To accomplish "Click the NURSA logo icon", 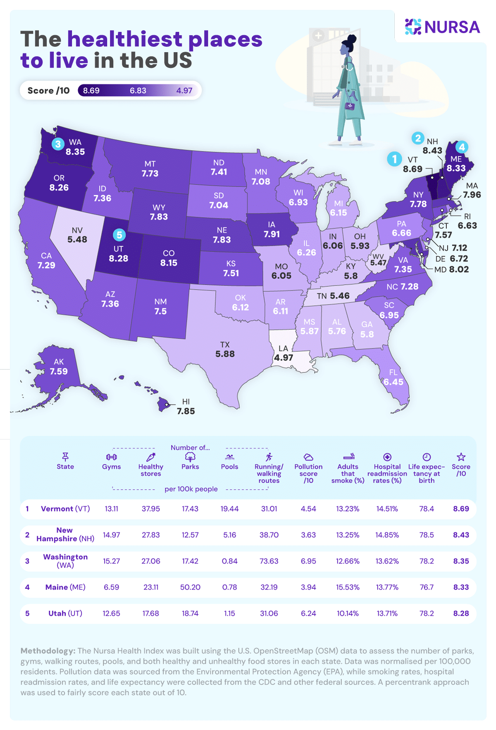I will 413,26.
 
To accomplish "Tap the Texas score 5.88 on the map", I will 225,354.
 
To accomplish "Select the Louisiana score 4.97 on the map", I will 284,358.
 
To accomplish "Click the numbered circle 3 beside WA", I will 58,144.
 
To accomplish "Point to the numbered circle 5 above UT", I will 119,235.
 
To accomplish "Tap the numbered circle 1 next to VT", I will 394,159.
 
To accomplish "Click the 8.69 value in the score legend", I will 91,91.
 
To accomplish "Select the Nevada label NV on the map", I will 77,230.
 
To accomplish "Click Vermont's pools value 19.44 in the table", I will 229,509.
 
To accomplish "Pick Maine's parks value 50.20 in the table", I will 190,587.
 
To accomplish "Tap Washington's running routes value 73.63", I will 269,561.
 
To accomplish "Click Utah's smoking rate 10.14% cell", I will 348,613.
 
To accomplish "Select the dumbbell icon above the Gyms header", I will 111,457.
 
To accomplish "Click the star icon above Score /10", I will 461,457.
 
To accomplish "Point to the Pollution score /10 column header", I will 308,473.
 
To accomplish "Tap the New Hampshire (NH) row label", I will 65,534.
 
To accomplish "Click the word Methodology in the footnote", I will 48,651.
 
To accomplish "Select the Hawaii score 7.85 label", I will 186,411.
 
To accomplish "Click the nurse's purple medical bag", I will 350,106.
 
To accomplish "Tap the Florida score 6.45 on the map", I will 393,382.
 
